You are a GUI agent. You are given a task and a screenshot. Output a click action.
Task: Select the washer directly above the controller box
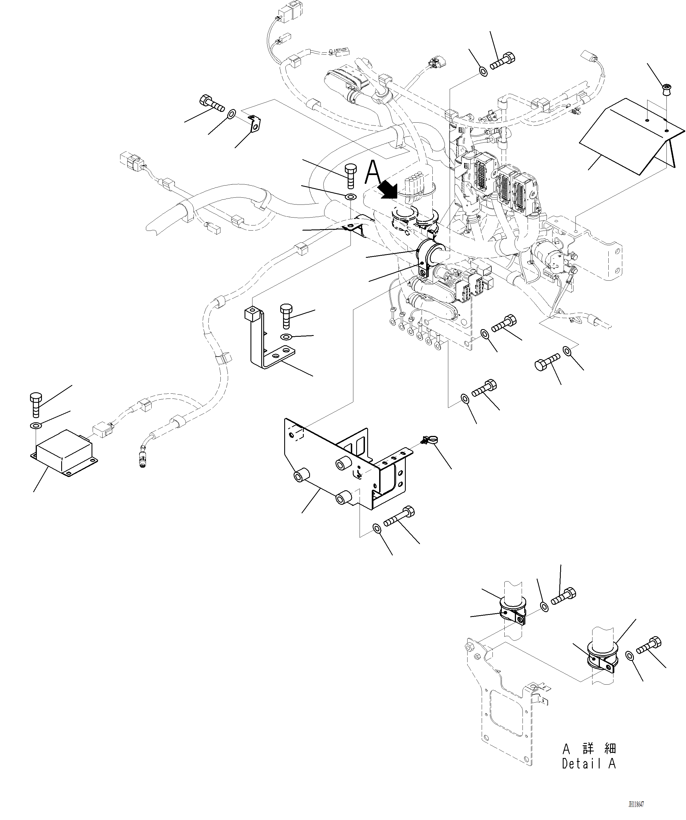click(x=35, y=425)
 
